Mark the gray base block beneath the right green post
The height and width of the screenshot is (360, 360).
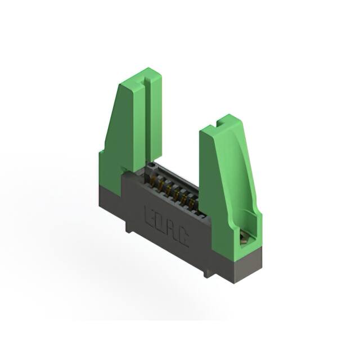pyautogui.click(x=239, y=260)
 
